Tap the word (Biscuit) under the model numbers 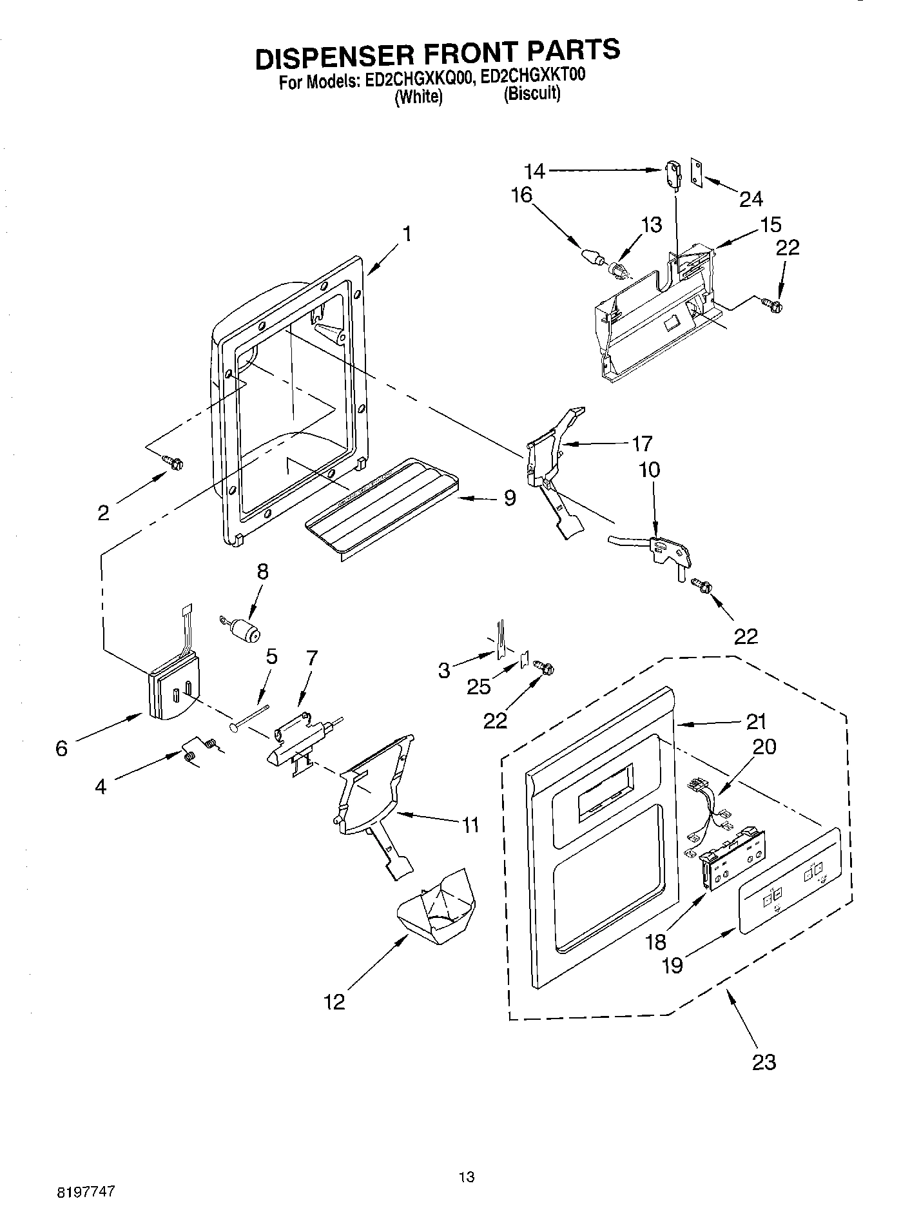click(x=532, y=95)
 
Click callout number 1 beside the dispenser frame click(x=407, y=234)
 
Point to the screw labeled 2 click(x=173, y=462)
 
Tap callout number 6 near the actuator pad click(x=61, y=748)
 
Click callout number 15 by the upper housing click(x=770, y=224)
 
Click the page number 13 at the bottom click(x=467, y=1160)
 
